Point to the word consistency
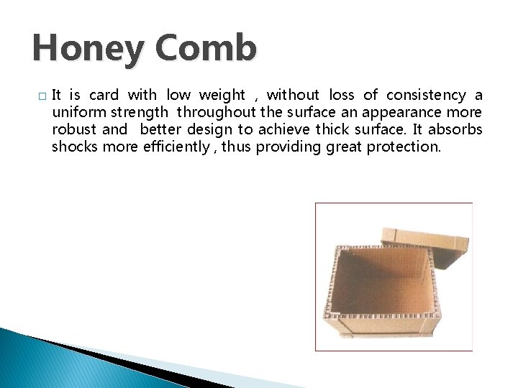click(x=426, y=96)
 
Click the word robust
click(x=74, y=130)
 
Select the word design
click(x=215, y=130)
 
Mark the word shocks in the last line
click(x=74, y=147)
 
